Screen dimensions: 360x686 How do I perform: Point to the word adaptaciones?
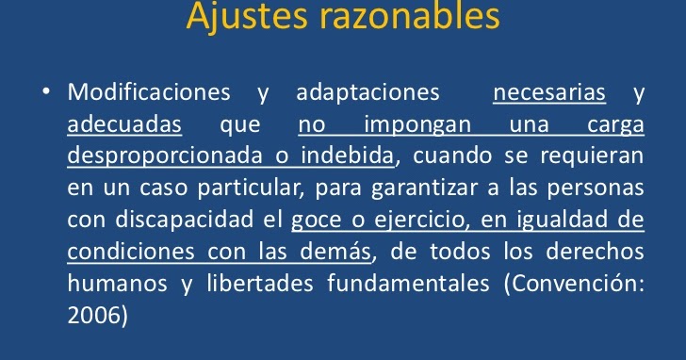(368, 94)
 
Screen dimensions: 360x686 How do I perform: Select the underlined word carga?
(615, 125)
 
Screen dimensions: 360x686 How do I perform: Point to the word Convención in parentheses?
(584, 285)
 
